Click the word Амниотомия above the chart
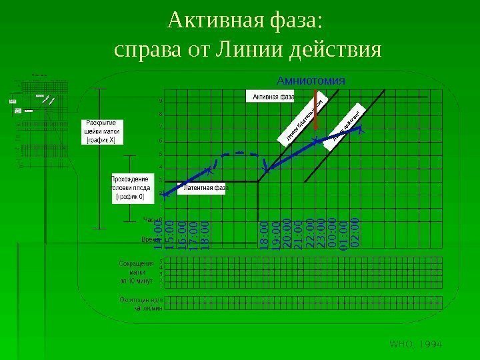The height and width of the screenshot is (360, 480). pos(313,79)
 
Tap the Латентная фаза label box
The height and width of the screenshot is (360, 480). pos(205,188)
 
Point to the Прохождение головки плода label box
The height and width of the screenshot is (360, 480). pos(129,188)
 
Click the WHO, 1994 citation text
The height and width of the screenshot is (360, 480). pos(416,343)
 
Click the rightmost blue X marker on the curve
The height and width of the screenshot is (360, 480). pos(360,131)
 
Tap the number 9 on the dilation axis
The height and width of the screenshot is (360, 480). pos(160,101)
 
